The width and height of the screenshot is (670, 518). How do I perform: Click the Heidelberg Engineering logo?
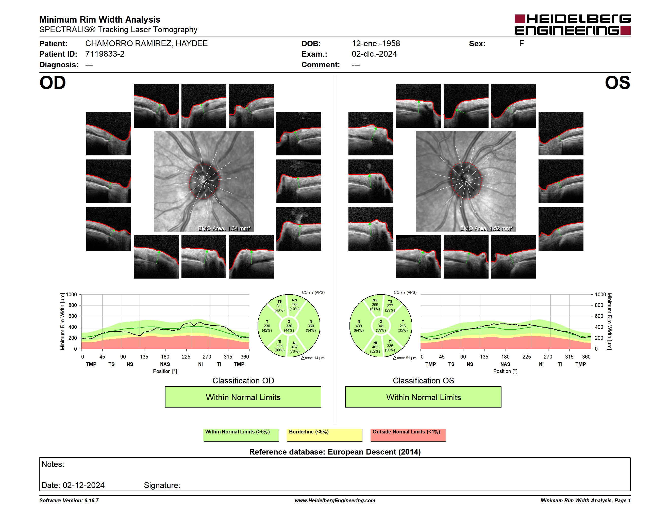(573, 25)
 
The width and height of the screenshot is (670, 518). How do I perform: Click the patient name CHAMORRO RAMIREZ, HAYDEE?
(146, 44)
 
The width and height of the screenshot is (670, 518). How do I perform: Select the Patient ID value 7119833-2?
(105, 54)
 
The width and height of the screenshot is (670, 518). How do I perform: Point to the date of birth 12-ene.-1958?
(376, 44)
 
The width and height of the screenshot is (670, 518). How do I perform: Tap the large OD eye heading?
(53, 83)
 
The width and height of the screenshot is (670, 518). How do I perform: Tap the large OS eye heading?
(617, 83)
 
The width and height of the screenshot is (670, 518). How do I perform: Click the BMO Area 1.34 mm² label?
(224, 228)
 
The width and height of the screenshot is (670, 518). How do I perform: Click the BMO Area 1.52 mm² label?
(486, 228)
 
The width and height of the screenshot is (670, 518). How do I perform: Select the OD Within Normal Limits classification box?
(243, 397)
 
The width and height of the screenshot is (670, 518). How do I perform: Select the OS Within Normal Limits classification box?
(423, 397)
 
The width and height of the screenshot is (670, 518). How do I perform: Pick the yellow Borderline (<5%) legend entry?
(325, 435)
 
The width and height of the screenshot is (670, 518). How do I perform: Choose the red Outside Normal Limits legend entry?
(408, 435)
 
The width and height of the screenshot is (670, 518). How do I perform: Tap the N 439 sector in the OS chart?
(359, 326)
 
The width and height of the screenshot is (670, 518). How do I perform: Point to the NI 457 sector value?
(294, 347)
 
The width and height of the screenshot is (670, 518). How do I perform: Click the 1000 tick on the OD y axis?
(71, 295)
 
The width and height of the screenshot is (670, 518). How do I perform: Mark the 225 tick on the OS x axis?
(526, 357)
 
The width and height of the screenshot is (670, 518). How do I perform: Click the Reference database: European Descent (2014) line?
(335, 452)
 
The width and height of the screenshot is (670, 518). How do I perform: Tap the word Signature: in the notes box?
(162, 485)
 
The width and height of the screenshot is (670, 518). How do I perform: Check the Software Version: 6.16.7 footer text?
(69, 500)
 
